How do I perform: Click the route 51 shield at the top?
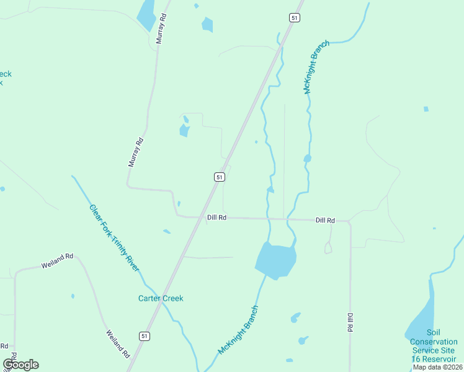coord(294,18)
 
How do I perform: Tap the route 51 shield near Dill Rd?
coord(219,177)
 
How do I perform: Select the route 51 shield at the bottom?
coord(144,336)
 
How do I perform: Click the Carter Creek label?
coord(161,298)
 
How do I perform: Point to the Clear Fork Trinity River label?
coord(114,238)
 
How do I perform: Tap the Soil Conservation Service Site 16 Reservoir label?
coord(434,350)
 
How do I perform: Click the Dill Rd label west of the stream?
coord(216,218)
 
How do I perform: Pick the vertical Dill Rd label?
coord(350,322)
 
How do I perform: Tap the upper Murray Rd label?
coord(162,29)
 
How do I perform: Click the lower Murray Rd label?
coord(136,152)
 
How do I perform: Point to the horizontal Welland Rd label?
coord(57,260)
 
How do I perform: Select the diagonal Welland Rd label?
coord(117,343)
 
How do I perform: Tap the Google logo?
coord(20,365)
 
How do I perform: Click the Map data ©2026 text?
coord(438,367)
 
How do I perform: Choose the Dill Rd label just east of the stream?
coord(325,220)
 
